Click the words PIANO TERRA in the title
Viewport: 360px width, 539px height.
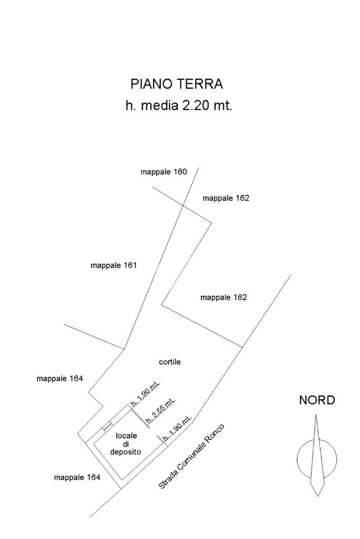[x=177, y=84]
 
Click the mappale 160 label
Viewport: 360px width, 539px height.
[x=163, y=172]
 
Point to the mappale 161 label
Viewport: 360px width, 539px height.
[x=113, y=266]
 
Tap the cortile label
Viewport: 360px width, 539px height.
[x=170, y=362]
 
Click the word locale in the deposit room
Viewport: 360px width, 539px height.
[x=127, y=435]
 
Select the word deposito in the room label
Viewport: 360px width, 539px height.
[x=125, y=452]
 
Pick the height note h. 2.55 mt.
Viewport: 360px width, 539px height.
[x=162, y=411]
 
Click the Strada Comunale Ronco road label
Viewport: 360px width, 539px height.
[x=192, y=456]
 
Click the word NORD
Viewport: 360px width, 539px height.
[x=317, y=400]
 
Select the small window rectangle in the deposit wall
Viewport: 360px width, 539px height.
[x=107, y=426]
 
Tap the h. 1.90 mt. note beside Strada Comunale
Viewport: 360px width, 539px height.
[x=177, y=433]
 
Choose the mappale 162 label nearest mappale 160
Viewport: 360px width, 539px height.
[x=226, y=198]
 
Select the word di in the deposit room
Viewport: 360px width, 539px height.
[x=127, y=444]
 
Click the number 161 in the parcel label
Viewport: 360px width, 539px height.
[x=129, y=266]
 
